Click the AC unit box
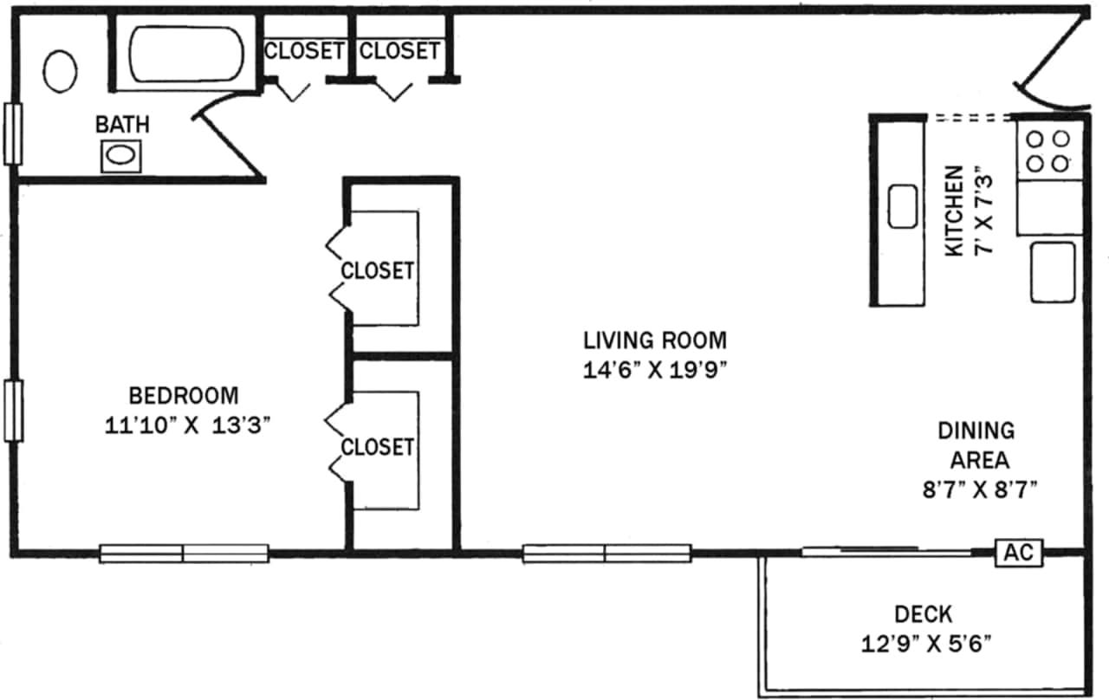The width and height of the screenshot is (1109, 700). point(1019,552)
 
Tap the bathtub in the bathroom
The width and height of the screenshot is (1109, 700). point(186,54)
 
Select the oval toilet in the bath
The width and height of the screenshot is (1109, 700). point(60,71)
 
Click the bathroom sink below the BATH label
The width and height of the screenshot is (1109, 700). point(119,156)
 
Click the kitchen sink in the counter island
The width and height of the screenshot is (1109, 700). point(903,207)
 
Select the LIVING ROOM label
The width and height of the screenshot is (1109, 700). point(654,339)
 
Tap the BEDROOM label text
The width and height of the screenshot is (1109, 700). point(183,396)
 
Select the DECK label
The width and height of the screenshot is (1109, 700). point(923,614)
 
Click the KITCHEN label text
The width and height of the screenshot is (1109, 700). point(954,211)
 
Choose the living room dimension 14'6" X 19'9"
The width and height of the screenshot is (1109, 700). point(654,369)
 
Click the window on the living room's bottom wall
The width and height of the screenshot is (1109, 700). point(606,553)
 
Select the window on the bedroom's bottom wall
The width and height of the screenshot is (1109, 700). point(184,553)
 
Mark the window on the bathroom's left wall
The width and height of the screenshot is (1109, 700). point(12,134)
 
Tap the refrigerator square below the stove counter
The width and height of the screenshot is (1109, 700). point(1053,272)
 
